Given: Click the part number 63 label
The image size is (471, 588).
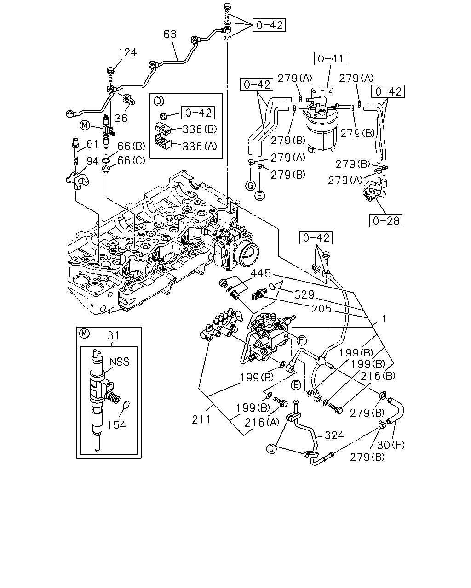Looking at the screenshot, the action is pos(170,34).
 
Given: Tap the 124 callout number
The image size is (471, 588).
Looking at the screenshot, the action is pos(127,52).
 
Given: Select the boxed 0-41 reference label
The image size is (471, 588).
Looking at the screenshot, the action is pos(330,58).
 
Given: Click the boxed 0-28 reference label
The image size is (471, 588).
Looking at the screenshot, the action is pos(385,220).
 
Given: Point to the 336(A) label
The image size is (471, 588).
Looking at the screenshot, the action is pos(200,147).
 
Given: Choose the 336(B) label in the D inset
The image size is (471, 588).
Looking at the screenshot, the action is pos(200,129).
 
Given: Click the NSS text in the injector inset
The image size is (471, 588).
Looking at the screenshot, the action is pos(119,362).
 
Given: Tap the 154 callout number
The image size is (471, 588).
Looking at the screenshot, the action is pos(116,425).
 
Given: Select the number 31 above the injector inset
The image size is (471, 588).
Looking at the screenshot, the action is pos(113,335).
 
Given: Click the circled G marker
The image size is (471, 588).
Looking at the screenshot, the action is pos(250,186).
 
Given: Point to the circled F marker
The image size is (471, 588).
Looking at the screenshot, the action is pos(301,340).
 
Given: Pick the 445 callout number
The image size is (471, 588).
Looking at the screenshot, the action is pos(260,273).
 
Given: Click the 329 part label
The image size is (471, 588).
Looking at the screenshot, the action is pos(304,294).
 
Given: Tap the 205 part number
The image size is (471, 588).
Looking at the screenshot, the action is pos(322,309).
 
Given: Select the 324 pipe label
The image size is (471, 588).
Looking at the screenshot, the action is pos(334,435).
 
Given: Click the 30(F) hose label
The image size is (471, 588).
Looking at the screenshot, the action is pos(391,445).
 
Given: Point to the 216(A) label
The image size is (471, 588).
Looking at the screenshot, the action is pos(262,423).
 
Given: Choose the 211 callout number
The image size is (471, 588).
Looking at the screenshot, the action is pos(201,420).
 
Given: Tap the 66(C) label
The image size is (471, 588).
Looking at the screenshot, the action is pos(132,161).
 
